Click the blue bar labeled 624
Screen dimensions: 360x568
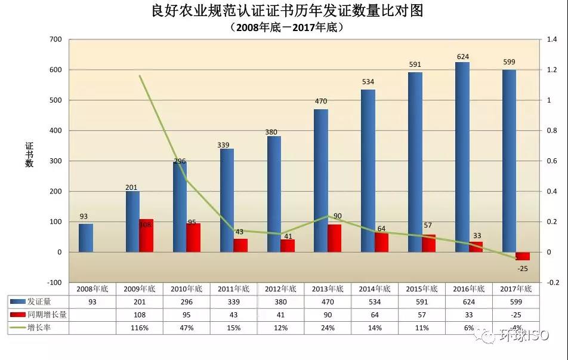click(x=462, y=157)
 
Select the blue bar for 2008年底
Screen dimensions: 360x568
click(x=86, y=238)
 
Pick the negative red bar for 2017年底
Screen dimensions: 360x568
click(x=523, y=256)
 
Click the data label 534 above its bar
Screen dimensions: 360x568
click(x=368, y=82)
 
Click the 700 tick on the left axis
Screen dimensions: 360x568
click(x=55, y=39)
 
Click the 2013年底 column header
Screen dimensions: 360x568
click(x=328, y=288)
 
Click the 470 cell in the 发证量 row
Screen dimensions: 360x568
click(x=328, y=301)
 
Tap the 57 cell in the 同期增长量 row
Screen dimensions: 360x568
click(x=422, y=315)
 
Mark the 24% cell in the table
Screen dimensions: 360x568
click(x=328, y=328)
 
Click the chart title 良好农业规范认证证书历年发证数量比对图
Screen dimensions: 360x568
click(x=283, y=11)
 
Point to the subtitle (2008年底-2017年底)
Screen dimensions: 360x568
click(x=283, y=27)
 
